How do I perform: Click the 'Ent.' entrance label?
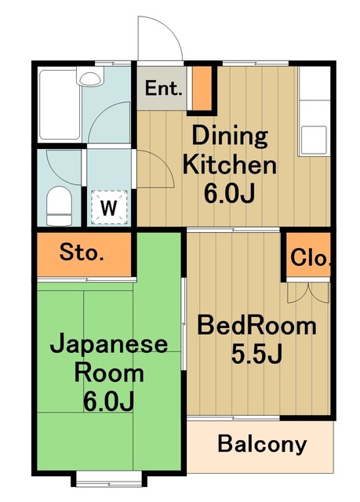164,89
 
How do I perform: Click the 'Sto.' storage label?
82,253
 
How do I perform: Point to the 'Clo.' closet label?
311,257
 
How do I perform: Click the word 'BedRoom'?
256,325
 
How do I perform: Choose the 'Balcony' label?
262,445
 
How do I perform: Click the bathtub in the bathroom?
60,106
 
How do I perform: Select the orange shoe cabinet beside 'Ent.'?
202,88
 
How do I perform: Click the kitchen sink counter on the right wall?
315,114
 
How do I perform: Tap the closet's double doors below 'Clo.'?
307,293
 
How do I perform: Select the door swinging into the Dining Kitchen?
153,169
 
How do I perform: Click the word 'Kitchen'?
231,166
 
